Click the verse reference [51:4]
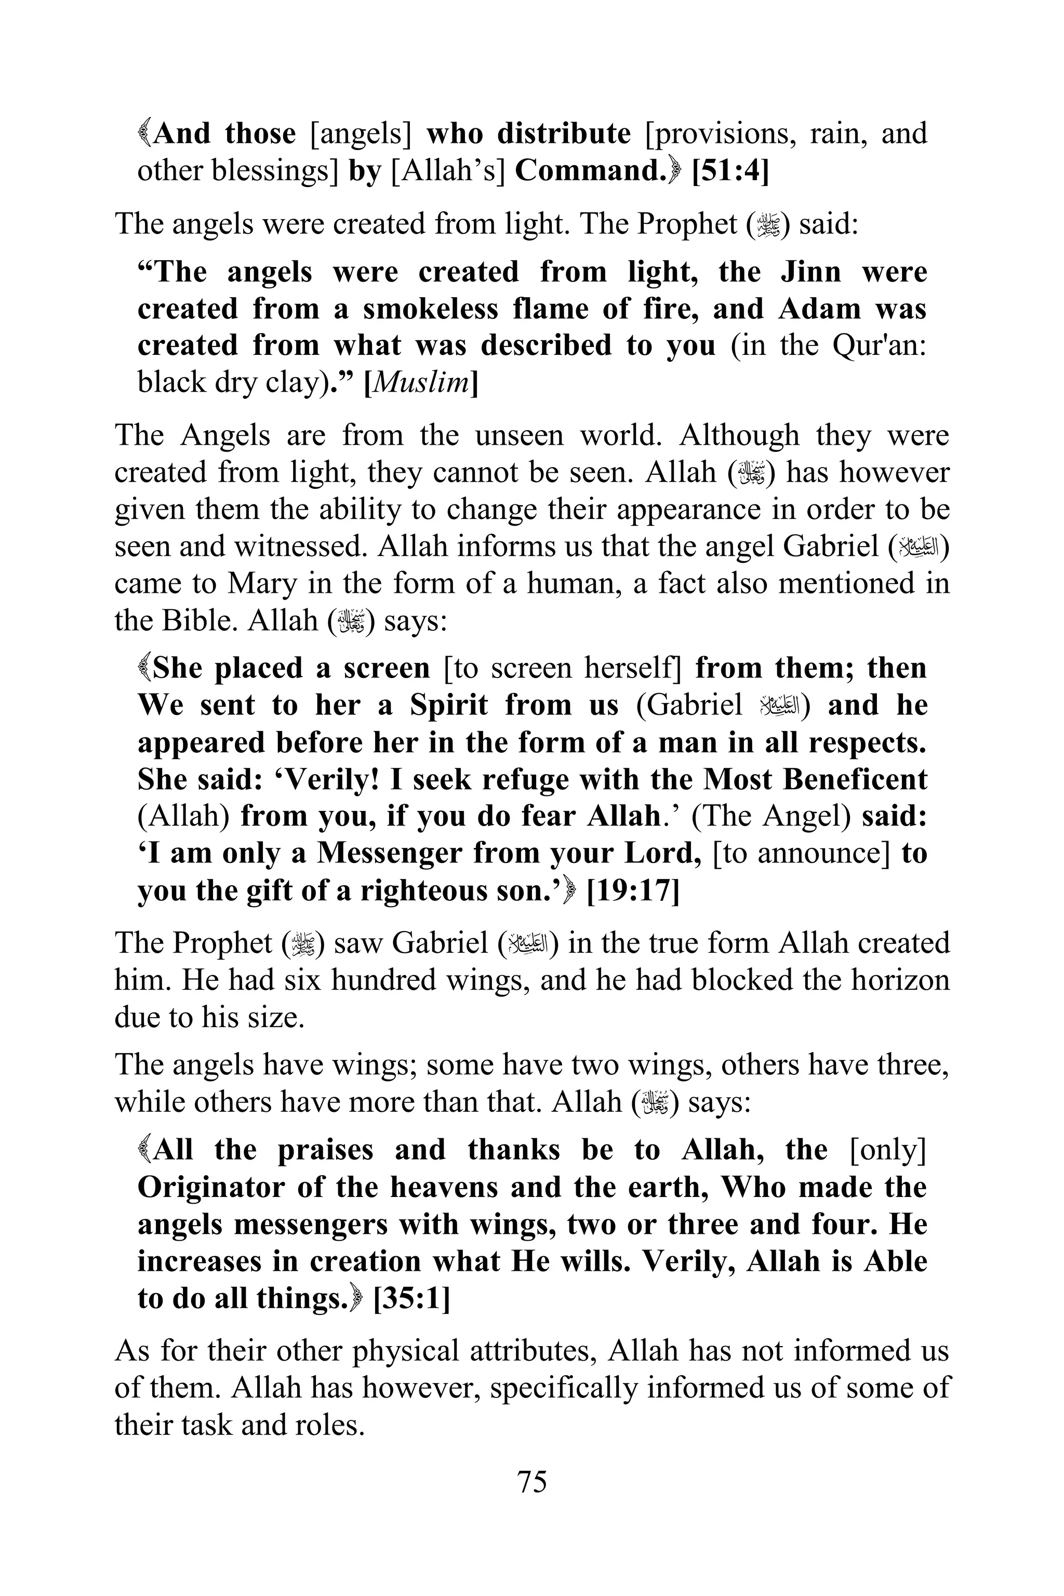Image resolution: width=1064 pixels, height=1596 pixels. click(730, 171)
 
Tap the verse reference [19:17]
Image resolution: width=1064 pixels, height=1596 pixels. click(632, 890)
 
